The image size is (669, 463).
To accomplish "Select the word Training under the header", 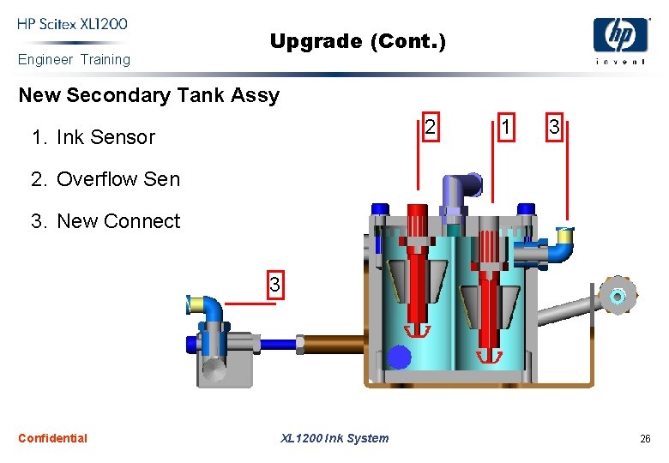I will coord(105,59).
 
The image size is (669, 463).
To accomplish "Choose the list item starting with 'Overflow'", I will coord(105,179).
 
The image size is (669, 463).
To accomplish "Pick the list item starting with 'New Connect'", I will coord(105,221).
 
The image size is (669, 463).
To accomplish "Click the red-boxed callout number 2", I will coord(431,127).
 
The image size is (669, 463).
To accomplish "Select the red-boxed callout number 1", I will coord(507,127).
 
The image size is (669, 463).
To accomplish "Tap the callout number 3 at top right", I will coord(554,127).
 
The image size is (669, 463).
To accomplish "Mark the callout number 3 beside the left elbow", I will coord(274,284).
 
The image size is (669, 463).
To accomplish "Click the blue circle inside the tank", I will coord(399,357).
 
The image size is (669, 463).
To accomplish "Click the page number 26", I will coord(645,439).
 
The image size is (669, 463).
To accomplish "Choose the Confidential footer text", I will coord(52,438).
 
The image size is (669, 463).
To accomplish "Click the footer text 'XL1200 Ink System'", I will coord(334,438).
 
